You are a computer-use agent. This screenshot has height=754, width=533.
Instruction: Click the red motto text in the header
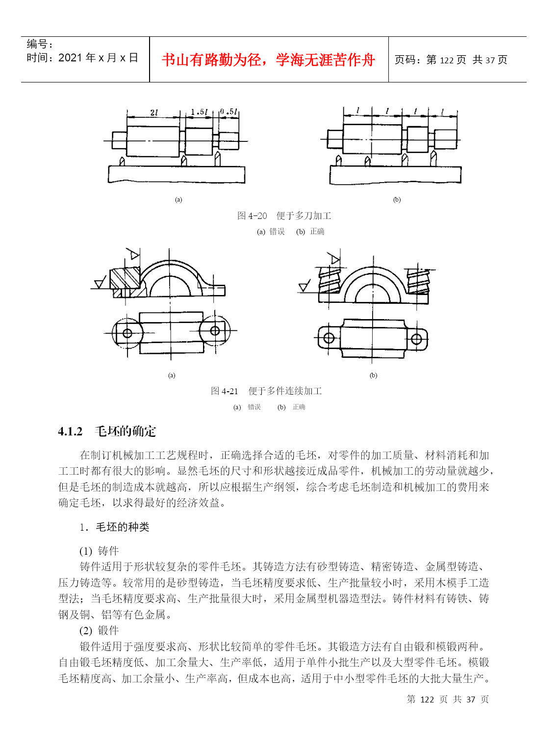(x=268, y=60)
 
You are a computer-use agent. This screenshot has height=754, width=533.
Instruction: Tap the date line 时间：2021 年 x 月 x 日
(x=82, y=58)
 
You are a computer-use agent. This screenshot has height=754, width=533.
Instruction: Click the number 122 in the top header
(x=446, y=60)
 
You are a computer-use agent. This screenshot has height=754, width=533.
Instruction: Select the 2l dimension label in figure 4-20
(x=154, y=112)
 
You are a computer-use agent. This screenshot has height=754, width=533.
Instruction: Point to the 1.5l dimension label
(x=199, y=112)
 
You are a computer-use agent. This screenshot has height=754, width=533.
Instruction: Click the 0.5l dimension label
(x=228, y=111)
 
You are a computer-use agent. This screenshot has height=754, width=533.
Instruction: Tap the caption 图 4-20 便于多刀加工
(x=284, y=216)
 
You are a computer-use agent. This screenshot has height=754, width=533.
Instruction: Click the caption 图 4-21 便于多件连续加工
(x=266, y=391)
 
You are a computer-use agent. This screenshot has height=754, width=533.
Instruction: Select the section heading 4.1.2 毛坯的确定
(x=107, y=431)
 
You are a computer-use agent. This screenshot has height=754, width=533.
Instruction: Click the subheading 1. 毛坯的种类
(x=114, y=527)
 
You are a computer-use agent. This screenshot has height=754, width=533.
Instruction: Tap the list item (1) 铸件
(x=99, y=551)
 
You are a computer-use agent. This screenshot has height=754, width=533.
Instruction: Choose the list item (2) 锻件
(x=99, y=630)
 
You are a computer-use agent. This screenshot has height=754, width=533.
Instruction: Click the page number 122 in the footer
(x=427, y=700)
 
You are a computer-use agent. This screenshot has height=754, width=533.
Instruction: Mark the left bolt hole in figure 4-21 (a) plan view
(x=127, y=333)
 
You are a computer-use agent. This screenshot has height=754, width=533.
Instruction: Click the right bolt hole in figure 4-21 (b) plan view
(x=416, y=339)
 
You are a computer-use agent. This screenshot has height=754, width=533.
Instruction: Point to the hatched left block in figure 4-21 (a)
(x=125, y=279)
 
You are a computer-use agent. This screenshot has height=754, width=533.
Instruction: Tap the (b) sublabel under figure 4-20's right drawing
(x=397, y=200)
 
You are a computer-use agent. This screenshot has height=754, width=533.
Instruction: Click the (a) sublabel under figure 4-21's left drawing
(x=172, y=376)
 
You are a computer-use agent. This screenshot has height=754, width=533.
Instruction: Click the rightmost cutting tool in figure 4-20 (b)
(x=433, y=158)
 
